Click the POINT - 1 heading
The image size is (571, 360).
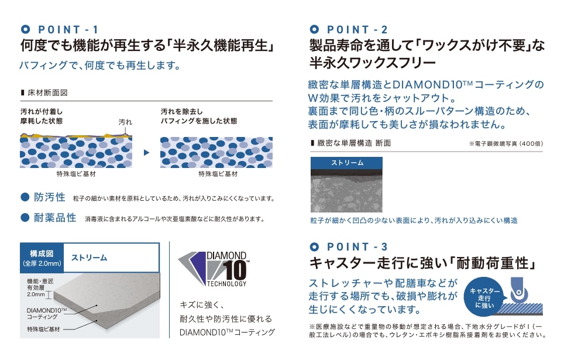coord(60,29)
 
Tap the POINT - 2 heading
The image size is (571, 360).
coord(349,29)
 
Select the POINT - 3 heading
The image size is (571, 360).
coord(349,246)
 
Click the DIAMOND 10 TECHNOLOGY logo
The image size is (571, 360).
coord(214,269)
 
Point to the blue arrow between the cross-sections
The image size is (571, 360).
coord(146,152)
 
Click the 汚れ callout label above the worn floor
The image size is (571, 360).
coord(125,122)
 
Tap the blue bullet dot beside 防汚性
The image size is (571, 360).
coord(25,197)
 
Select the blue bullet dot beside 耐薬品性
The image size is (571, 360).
coord(25,218)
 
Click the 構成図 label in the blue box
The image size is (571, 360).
coord(42,253)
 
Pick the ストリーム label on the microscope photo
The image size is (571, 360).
coord(347,163)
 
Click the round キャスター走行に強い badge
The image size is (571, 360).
coord(484,298)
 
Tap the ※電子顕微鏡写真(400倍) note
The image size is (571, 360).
coord(506,143)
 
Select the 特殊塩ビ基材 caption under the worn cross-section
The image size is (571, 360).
coord(75,174)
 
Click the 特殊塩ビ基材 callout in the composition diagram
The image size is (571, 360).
coord(43,329)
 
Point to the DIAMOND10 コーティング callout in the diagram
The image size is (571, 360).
coord(47,313)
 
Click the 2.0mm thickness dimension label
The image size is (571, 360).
coord(36,294)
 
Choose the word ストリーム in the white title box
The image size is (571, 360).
coord(89,258)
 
